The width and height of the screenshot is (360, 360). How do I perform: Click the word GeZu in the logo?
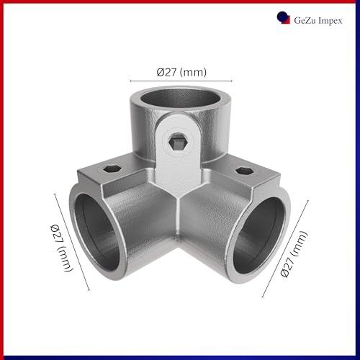[305, 20]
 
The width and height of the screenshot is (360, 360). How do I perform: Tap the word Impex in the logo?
[330, 21]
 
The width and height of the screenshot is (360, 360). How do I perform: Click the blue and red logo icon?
[283, 18]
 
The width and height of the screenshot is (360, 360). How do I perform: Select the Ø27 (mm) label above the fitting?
[181, 72]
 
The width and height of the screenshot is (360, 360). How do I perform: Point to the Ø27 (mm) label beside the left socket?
[61, 248]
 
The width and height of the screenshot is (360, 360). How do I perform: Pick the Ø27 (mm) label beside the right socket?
[294, 254]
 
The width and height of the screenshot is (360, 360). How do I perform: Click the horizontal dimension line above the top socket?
[181, 81]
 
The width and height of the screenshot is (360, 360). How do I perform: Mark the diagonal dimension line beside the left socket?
[72, 242]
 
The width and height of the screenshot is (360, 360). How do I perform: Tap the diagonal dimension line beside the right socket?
[285, 248]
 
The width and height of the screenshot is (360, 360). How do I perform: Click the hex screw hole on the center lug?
[178, 143]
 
